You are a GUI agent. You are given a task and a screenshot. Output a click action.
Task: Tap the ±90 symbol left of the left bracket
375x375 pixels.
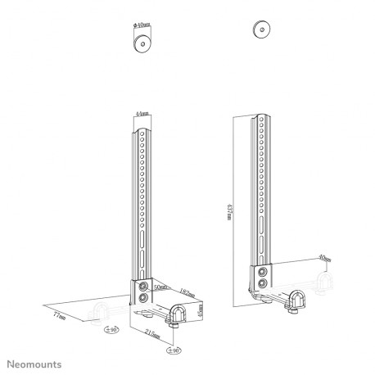click(x=111, y=330)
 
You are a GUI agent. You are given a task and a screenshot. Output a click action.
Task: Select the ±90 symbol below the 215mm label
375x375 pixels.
click(x=174, y=350)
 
